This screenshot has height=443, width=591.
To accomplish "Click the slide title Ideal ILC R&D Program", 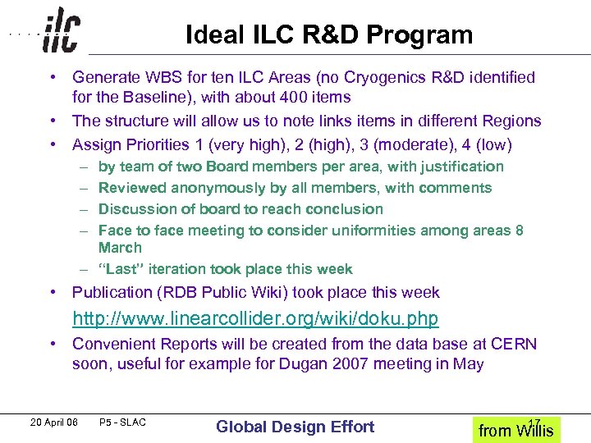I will pos(329,35).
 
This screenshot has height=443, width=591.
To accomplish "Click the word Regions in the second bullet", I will pos(511,121).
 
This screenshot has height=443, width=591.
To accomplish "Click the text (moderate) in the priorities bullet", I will pos(418,145).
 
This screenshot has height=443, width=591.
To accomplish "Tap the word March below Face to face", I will pos(120,247).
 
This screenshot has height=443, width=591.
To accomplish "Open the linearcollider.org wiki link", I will pos(255,317).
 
